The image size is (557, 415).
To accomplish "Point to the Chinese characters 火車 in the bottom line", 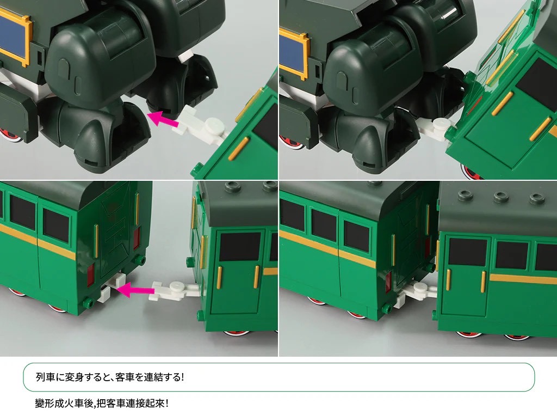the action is (x=74, y=403).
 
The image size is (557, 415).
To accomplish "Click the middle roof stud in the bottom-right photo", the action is (x=500, y=196).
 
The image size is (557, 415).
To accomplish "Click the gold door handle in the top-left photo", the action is (x=239, y=149).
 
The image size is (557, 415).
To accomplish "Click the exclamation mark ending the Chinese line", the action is (x=166, y=403).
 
